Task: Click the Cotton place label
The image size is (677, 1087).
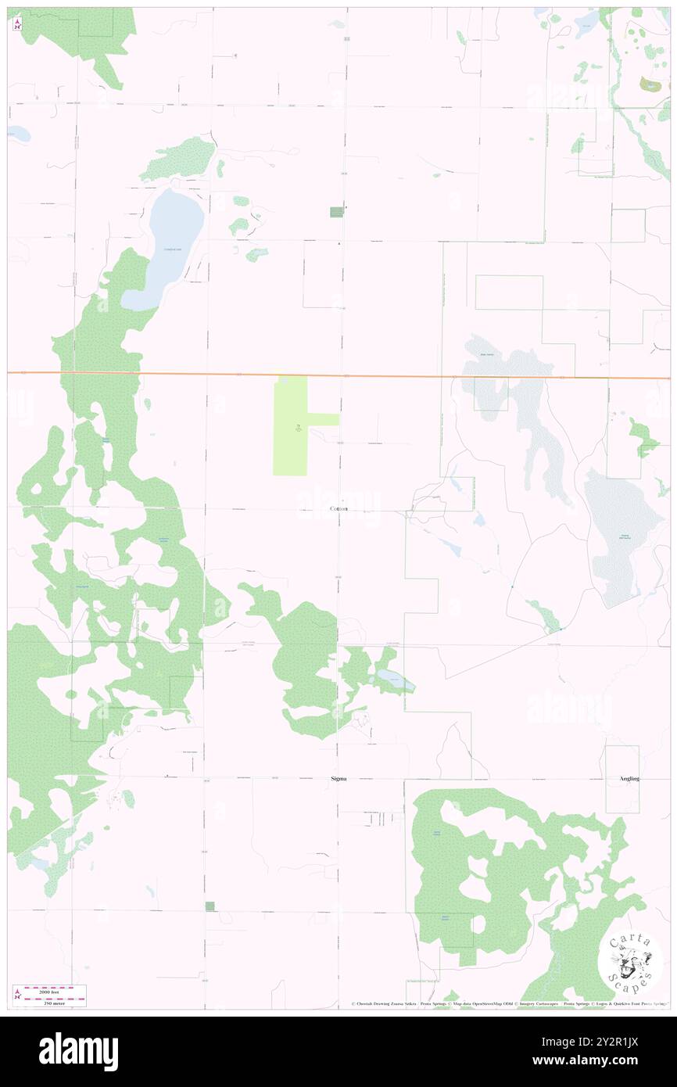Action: pos(338,509)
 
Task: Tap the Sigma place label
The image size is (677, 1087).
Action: pos(338,779)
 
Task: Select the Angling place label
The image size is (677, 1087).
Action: pos(629,779)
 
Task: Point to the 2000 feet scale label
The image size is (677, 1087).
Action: pos(55,990)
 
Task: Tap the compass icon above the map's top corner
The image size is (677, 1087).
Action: pos(17,23)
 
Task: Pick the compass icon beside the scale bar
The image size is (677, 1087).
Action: pos(17,995)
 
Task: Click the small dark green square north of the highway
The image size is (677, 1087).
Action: pos(336,212)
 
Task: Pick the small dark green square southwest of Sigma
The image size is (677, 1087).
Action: pos(210,906)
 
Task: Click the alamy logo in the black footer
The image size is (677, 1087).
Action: pos(78,1051)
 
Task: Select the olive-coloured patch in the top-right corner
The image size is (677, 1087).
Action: pos(650,85)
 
